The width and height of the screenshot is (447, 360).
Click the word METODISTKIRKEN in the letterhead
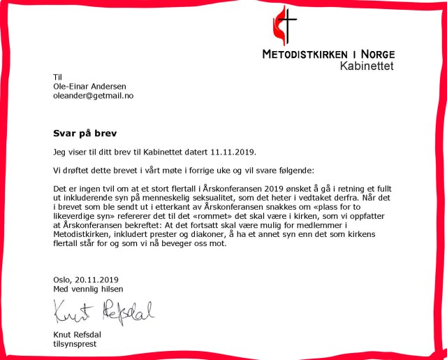(308, 54)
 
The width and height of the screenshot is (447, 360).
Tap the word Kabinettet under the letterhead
(367, 66)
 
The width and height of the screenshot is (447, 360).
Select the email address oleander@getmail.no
(93, 96)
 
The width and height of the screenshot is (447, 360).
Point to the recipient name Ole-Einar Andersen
(89, 86)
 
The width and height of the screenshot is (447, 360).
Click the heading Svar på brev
(85, 132)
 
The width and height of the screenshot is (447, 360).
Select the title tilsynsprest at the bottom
(74, 343)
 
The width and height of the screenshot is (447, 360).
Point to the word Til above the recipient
(58, 77)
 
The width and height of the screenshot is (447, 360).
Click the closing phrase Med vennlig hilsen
(88, 289)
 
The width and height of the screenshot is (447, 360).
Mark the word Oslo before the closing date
(63, 280)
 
